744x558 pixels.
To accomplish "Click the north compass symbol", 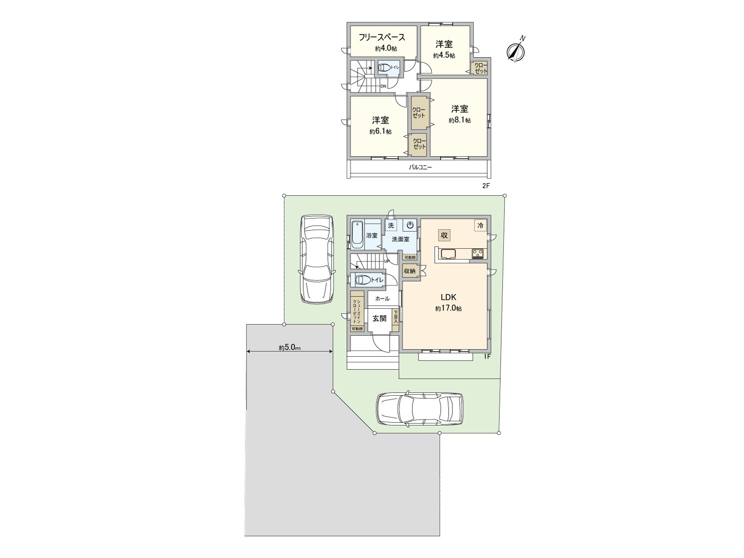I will tap(515, 51).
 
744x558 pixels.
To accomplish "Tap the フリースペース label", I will tap(381, 38).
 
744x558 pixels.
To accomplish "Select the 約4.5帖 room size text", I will tap(444, 55).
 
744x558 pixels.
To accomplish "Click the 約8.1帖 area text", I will tap(459, 120).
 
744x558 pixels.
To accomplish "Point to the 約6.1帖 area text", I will tap(380, 132).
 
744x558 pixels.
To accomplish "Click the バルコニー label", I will tap(420, 167).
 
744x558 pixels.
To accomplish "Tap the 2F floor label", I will tap(486, 186).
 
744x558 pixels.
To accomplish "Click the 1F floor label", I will tap(487, 357).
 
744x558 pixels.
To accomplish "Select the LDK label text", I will tap(448, 297).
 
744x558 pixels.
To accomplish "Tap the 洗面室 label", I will tap(400, 239).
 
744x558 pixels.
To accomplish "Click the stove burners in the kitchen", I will tap(478, 253).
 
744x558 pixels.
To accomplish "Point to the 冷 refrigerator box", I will tap(480, 225).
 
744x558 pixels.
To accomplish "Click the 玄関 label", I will tap(379, 319).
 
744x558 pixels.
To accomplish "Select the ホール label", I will tap(382, 299).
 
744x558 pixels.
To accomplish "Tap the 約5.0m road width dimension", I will tap(290, 347).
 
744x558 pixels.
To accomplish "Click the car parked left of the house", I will tap(317, 259).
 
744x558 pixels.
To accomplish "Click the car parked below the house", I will tap(419, 409).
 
